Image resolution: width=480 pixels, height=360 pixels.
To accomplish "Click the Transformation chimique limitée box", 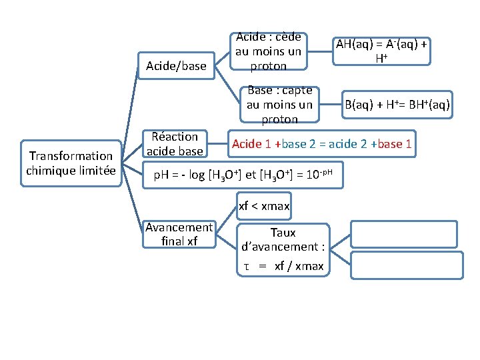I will pyautogui.click(x=71, y=163).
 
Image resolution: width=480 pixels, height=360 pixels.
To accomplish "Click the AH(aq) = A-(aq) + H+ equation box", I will pyautogui.click(x=382, y=51).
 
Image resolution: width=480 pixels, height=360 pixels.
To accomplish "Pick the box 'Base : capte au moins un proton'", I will pyautogui.click(x=279, y=105).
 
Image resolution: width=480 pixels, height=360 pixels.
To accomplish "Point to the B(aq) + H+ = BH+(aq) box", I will pyautogui.click(x=396, y=105).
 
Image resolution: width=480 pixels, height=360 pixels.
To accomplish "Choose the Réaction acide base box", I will pyautogui.click(x=175, y=143).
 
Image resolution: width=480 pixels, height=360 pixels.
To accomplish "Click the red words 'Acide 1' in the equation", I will pyautogui.click(x=251, y=144).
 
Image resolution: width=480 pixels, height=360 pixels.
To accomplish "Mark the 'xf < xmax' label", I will pyautogui.click(x=264, y=207).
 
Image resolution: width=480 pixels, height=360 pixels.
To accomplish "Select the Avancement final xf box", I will pyautogui.click(x=179, y=234).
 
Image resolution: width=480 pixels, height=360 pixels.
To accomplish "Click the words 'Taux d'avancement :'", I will pyautogui.click(x=283, y=240).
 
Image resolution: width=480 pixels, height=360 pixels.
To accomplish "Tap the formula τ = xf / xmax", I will pyautogui.click(x=283, y=267).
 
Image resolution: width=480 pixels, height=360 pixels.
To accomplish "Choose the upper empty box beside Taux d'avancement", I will pyautogui.click(x=406, y=233).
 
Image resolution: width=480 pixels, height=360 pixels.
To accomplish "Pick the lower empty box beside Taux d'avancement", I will pyautogui.click(x=406, y=265).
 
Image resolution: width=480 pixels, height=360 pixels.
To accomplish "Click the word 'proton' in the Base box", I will pyautogui.click(x=279, y=119).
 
